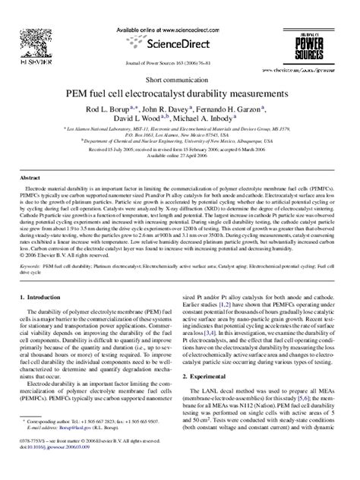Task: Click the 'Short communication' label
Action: click(x=179, y=79)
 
